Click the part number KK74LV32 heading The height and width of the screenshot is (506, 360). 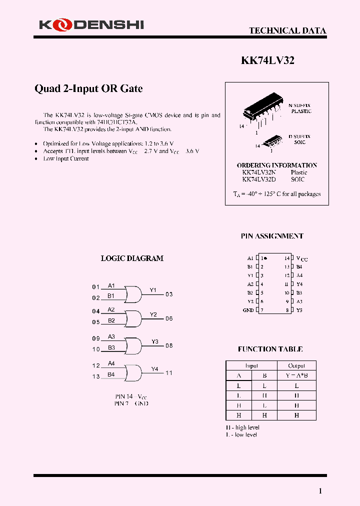coord(267,60)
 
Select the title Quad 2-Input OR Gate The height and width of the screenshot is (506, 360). coord(88,88)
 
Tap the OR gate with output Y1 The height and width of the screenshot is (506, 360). coord(132,294)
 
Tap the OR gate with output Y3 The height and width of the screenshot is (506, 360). coord(132,345)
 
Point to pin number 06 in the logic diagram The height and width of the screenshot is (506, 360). coord(169,318)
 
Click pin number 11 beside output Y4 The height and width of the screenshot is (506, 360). coord(169,373)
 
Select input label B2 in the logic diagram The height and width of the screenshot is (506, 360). coord(111,320)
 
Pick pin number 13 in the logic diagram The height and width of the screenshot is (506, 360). coord(96,376)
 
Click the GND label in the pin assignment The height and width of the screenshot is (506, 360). coord(248,310)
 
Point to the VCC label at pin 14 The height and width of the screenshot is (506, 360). coord(301,258)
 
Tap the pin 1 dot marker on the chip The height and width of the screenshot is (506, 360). coord(265,258)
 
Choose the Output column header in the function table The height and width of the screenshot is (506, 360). coord(296,365)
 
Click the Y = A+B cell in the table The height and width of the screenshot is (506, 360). coord(296,375)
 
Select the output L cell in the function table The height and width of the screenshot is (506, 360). coord(296,385)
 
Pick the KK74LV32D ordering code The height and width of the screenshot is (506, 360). coord(259,179)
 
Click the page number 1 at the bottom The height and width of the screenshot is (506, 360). coord(320,491)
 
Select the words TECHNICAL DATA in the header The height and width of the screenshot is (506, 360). coord(287,30)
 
